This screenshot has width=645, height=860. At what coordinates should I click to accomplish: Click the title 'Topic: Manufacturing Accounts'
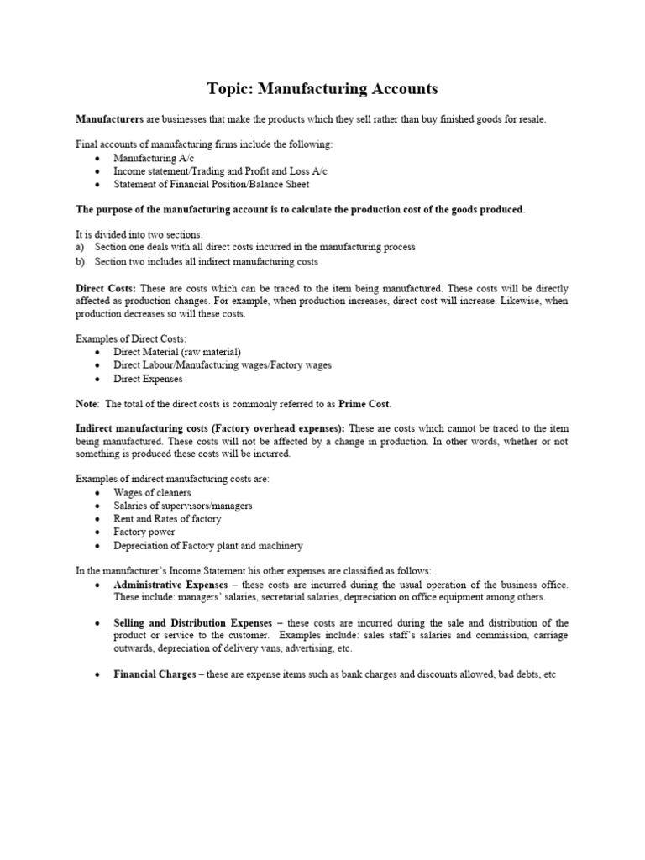click(x=322, y=88)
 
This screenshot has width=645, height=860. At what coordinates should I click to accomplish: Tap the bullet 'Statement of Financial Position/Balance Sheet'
click(x=211, y=184)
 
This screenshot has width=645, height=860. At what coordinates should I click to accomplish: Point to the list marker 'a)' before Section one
click(x=81, y=248)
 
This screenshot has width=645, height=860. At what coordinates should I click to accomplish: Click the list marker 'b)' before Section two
click(x=81, y=261)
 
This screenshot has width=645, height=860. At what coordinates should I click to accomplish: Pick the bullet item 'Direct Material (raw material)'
click(x=177, y=352)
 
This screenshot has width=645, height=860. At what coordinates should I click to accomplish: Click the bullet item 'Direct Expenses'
click(x=148, y=379)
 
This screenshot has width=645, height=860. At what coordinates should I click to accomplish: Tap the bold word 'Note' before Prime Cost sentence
click(x=87, y=404)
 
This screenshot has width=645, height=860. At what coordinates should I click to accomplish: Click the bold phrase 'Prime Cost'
click(x=363, y=404)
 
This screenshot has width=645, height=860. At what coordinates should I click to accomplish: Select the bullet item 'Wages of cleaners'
click(x=152, y=492)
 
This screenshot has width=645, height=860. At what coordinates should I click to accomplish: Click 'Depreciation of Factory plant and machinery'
click(x=208, y=545)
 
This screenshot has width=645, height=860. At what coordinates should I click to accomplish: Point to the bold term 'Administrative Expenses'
click(x=170, y=584)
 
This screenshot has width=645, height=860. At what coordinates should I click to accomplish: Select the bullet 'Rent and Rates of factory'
click(x=167, y=519)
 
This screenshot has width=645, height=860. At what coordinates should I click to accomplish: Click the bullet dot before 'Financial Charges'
click(x=98, y=674)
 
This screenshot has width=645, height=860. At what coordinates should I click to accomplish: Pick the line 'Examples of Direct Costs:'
click(x=131, y=338)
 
